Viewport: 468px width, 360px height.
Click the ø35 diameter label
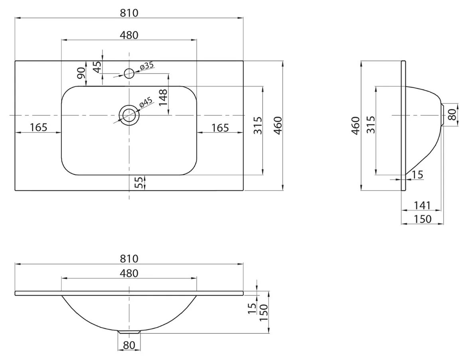(x=146, y=65)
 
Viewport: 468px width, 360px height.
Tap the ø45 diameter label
(x=146, y=102)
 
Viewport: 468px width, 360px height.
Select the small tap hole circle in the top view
(x=129, y=73)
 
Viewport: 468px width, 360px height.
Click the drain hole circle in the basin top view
(x=129, y=115)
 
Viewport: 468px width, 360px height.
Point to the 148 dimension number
(x=163, y=97)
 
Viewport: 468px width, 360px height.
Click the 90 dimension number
(x=81, y=73)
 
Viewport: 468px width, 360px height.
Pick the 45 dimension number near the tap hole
(x=97, y=67)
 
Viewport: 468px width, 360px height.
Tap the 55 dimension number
(x=139, y=183)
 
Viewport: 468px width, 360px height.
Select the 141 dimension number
(x=422, y=205)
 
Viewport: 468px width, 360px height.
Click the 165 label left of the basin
(x=39, y=127)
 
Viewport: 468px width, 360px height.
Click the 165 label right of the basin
(x=220, y=128)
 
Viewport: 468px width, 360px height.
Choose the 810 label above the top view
(x=129, y=13)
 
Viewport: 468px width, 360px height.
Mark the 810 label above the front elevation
(x=129, y=258)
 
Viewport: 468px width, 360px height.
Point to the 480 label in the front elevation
(x=129, y=273)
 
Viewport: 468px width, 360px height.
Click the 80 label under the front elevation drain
(x=129, y=345)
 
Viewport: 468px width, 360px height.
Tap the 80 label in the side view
(x=452, y=114)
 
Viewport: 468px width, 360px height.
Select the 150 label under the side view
(x=423, y=219)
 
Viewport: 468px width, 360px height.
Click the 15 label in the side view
(x=418, y=175)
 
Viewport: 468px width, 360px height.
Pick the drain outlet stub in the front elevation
(x=129, y=332)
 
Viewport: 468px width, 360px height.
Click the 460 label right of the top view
(x=278, y=126)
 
